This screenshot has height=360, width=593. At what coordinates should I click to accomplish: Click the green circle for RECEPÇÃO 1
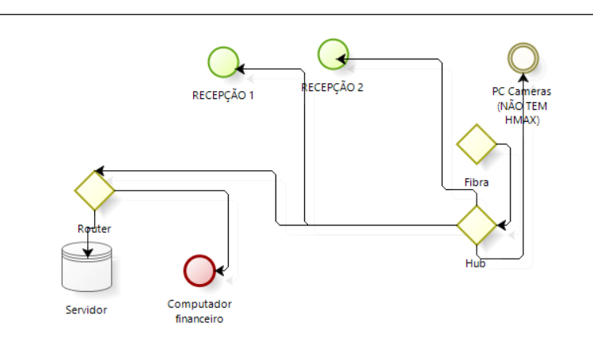(223, 63)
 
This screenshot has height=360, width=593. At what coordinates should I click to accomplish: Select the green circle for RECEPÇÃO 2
(333, 55)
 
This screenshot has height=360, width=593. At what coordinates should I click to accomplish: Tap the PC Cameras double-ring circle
(523, 58)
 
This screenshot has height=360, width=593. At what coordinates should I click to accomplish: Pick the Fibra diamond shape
(476, 144)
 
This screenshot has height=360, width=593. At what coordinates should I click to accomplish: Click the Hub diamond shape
(477, 225)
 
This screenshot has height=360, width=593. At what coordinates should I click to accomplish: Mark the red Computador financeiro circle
(199, 270)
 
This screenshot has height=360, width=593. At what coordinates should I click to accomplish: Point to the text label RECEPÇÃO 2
(333, 87)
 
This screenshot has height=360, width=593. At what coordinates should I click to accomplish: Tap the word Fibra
(476, 182)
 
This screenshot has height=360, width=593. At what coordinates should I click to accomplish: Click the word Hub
(475, 263)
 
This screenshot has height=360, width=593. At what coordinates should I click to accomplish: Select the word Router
(94, 229)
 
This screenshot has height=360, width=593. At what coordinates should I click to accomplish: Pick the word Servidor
(86, 309)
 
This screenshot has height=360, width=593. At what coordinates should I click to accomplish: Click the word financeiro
(200, 320)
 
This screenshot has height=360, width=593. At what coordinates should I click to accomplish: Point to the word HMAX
(522, 119)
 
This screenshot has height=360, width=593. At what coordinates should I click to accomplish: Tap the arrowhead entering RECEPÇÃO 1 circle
(245, 68)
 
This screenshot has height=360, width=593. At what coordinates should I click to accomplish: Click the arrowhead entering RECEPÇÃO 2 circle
(341, 58)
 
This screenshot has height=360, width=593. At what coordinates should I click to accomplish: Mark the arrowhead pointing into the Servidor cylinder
(88, 253)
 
